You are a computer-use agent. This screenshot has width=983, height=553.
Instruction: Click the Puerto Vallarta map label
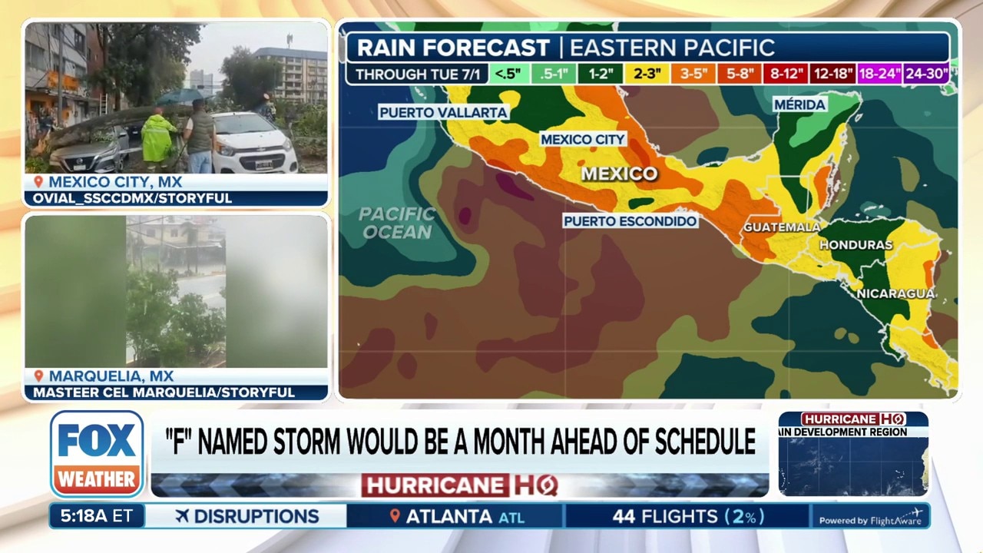443,113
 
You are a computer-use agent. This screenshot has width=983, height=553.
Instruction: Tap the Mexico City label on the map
583,140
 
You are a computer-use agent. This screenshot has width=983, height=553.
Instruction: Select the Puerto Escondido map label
631,221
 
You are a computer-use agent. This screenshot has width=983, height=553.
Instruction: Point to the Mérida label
799,104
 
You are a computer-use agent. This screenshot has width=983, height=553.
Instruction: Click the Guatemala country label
781,227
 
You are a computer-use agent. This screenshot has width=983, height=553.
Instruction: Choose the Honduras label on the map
856,245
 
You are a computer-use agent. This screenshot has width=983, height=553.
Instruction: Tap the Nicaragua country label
895,293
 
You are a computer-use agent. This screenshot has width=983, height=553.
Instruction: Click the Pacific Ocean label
397,222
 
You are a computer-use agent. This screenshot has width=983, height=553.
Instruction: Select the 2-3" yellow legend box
647,75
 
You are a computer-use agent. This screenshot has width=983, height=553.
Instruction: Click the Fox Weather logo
97,453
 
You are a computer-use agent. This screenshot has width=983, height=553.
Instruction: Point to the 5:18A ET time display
96,516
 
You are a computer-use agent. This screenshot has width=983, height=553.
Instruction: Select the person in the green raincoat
159,140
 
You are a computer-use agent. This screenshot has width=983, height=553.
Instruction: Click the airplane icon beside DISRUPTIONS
182,516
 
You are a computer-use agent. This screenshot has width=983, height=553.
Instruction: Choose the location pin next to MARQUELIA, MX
38,376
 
